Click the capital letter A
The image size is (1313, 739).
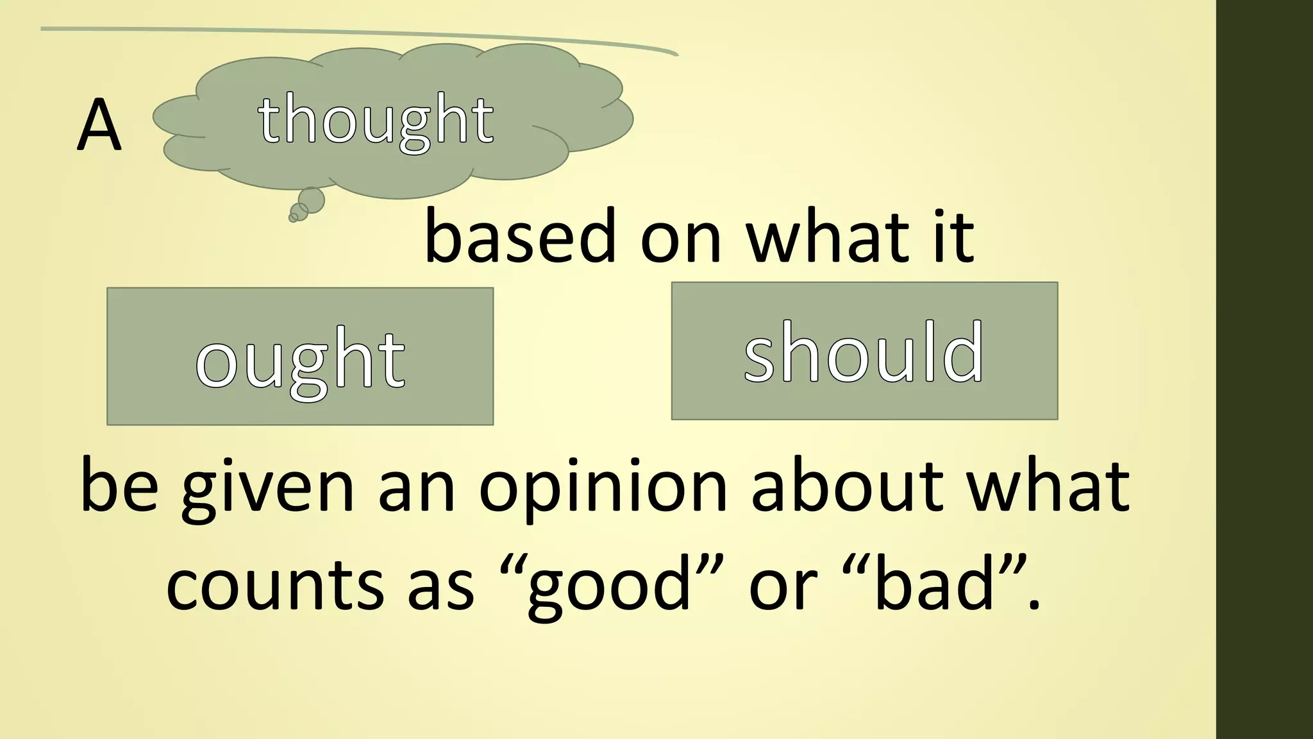click(x=99, y=126)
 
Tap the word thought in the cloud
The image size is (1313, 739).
click(x=376, y=120)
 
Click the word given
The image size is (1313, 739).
click(x=267, y=488)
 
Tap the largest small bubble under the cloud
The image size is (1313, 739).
click(x=312, y=200)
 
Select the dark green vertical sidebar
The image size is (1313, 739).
click(x=1264, y=369)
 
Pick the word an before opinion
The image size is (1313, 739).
click(x=416, y=488)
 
